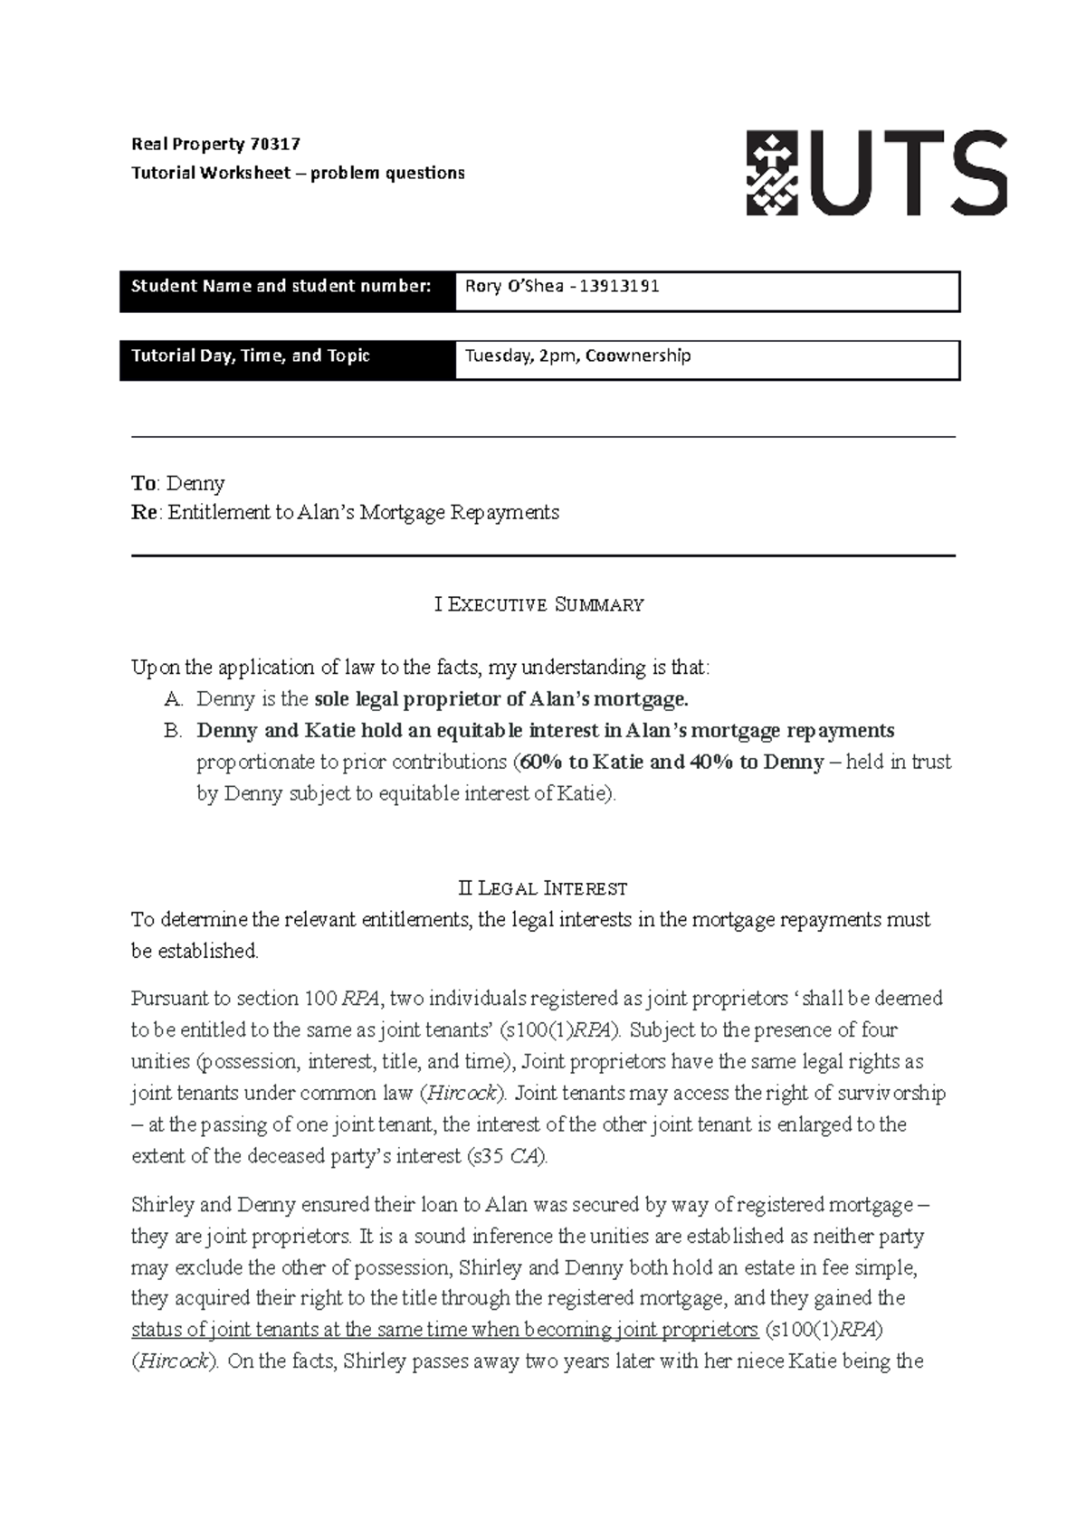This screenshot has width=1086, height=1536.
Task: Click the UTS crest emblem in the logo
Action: (771, 173)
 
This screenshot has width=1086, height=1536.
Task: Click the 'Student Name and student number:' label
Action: (281, 287)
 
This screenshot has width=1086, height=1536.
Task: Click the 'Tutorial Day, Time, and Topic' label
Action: (251, 356)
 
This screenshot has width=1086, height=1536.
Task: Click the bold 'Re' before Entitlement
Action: (144, 513)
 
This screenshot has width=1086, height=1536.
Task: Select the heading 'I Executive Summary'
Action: (539, 604)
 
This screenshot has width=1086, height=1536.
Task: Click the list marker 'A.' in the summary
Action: (174, 699)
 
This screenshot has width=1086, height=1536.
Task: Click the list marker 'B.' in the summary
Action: (174, 731)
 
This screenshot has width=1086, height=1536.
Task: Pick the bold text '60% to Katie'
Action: (579, 763)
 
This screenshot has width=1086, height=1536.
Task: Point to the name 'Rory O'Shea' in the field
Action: (507, 287)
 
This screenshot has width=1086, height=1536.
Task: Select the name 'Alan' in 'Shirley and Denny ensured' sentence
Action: (507, 1205)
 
